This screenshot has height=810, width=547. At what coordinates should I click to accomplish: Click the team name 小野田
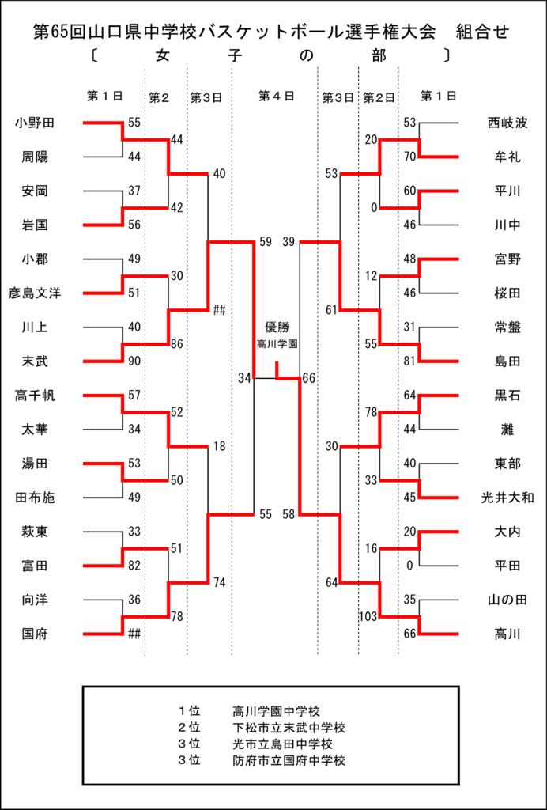pos(35,123)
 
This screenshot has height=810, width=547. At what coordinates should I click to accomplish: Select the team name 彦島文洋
pos(35,293)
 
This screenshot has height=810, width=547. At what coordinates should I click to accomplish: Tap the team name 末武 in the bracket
pos(35,361)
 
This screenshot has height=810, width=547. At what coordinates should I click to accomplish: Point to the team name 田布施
pos(35,498)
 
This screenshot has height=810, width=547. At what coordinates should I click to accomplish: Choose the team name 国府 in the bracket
pos(35,634)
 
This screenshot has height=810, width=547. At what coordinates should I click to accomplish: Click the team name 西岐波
pos(507,123)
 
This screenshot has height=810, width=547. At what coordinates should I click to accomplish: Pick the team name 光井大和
pos(507,498)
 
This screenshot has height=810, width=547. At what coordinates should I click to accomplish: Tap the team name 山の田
pos(507,600)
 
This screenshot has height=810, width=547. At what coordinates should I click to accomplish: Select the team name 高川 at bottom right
pos(507,634)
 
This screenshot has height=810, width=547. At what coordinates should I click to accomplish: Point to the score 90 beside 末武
pos(134,361)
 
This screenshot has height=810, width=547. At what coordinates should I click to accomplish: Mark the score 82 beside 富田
pos(134,566)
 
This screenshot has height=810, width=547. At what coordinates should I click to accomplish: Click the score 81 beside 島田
pos(409,361)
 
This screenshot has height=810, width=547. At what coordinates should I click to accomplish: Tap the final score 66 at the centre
pos(308,379)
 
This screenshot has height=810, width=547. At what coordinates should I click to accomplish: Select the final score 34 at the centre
pos(244,379)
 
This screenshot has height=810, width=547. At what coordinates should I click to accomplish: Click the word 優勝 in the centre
pos(277,327)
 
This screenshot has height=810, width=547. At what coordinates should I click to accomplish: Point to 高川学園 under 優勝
pos(277,343)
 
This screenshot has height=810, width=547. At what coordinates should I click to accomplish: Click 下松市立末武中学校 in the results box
pos(289,729)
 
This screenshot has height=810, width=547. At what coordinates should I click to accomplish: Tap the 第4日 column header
pos(276,96)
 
